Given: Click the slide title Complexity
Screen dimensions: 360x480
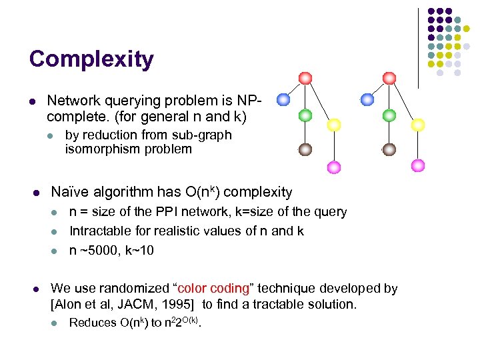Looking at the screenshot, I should click(91, 59).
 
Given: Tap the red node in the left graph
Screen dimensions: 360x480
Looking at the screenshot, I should click(305, 78).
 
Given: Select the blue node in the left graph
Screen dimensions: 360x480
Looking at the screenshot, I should click(283, 100).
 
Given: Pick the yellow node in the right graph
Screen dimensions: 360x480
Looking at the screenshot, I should click(418, 125).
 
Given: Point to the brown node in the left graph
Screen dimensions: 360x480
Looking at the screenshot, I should click(305, 149).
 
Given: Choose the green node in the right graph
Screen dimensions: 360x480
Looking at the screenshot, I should click(389, 115).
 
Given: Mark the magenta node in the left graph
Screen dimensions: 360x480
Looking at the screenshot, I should click(334, 166).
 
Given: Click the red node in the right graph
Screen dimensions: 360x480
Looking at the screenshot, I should click(389, 78).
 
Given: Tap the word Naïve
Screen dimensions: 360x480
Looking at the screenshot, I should click(69, 193).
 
